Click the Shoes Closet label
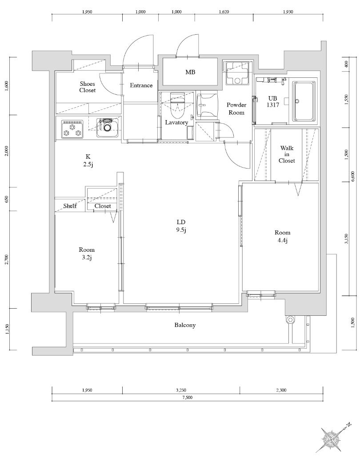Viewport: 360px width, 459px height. click(88, 87)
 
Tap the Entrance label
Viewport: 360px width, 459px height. click(141, 85)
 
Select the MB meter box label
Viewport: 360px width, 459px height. click(190, 72)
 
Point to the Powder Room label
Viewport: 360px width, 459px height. click(236, 109)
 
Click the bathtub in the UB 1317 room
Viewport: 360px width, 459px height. click(304, 101)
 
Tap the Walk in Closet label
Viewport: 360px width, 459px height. click(287, 154)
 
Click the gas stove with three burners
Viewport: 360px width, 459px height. click(72, 129)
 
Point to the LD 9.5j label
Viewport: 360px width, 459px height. click(180, 225)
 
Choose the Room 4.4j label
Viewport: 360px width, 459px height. click(282, 237)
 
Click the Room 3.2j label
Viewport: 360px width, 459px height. click(87, 254)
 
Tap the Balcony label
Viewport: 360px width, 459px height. click(185, 325)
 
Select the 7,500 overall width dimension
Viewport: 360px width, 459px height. click(187, 398)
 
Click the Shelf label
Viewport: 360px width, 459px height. click(70, 206)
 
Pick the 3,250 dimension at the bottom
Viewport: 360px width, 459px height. click(181, 390)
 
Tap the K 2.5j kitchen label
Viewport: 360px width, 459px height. click(88, 161)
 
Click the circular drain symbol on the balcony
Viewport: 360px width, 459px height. click(291, 319)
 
